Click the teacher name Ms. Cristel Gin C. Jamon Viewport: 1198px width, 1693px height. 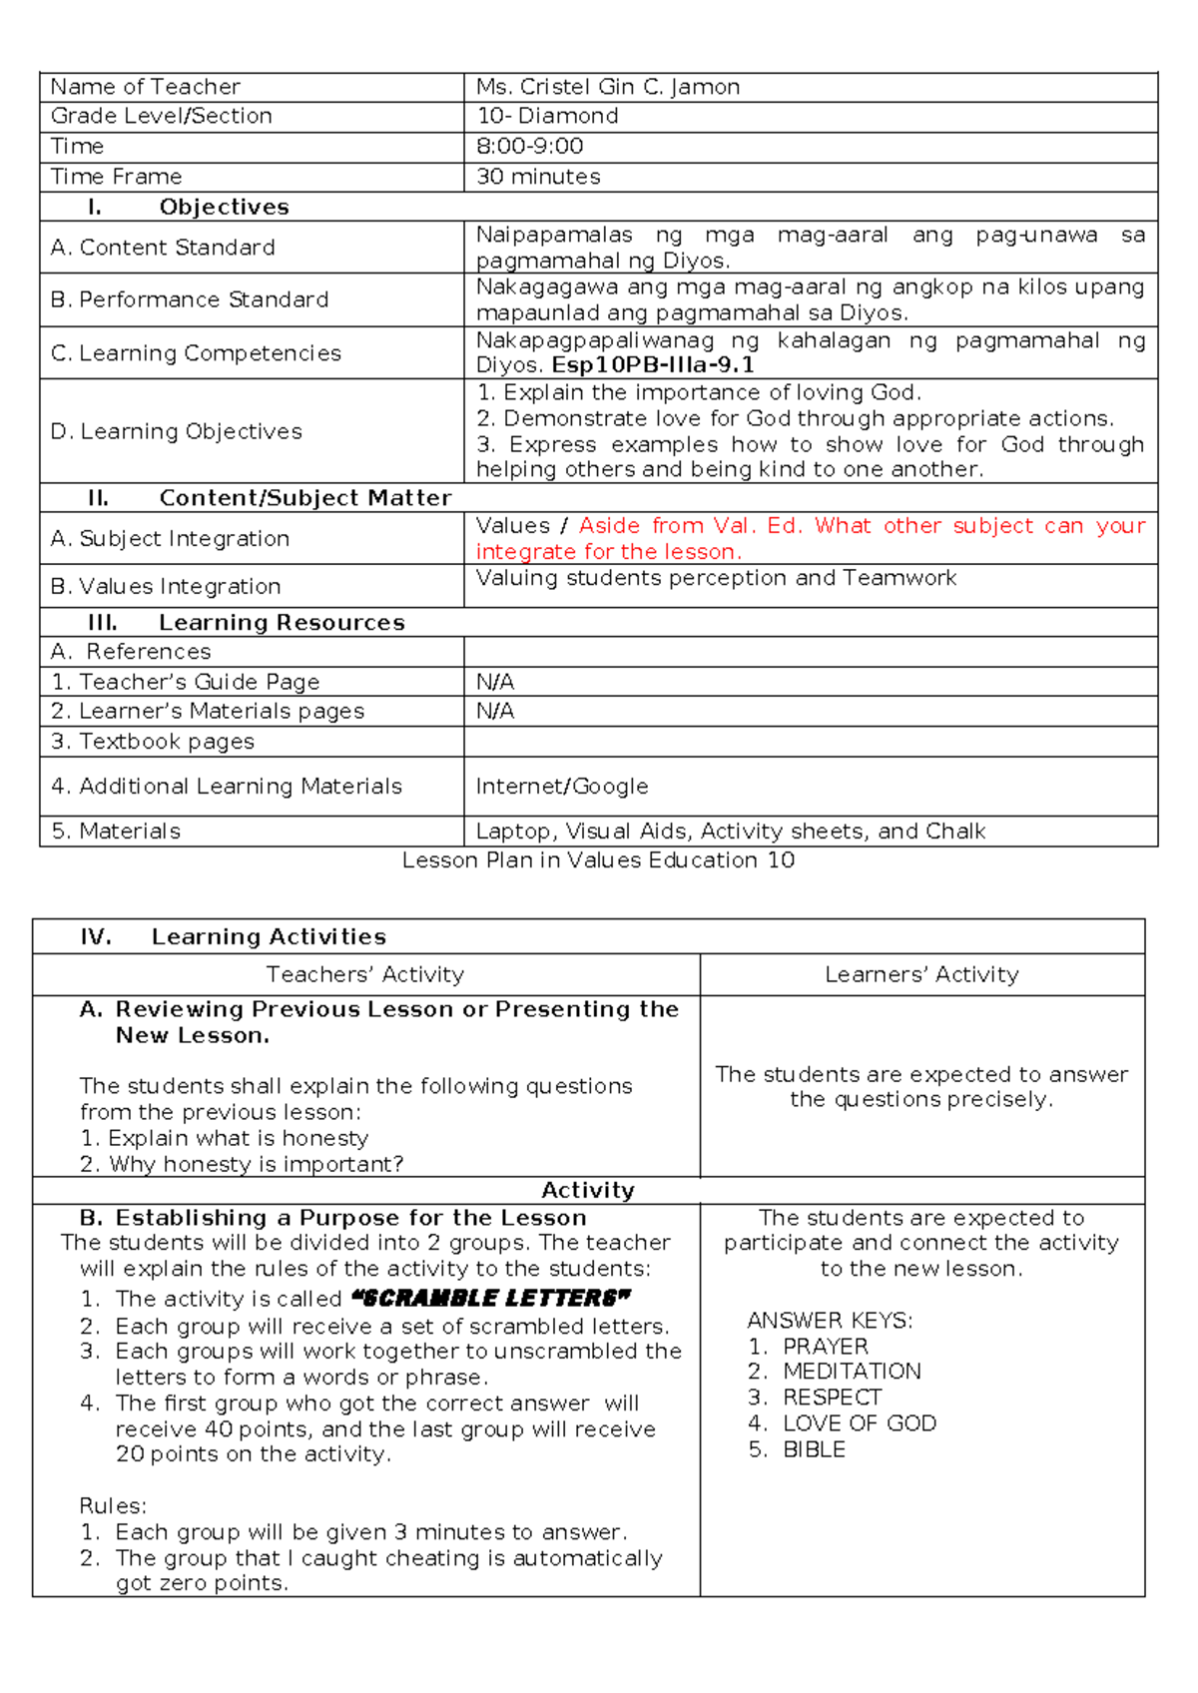pyautogui.click(x=607, y=87)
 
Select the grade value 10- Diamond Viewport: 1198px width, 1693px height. pyautogui.click(x=547, y=116)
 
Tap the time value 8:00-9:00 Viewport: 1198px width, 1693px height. pyautogui.click(x=529, y=147)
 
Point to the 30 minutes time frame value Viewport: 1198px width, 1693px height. pyautogui.click(x=538, y=177)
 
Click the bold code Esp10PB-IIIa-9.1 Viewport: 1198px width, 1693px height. pyautogui.click(x=653, y=365)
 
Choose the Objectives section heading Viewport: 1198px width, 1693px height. pyautogui.click(x=224, y=207)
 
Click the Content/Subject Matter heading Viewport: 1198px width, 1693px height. pyautogui.click(x=304, y=498)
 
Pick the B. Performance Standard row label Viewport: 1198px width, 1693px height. pyautogui.click(x=190, y=299)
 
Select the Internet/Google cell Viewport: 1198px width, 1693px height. pyautogui.click(x=561, y=787)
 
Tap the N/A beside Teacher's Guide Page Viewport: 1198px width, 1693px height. pyautogui.click(x=494, y=682)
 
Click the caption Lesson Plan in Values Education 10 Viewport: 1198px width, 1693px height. pyautogui.click(x=598, y=860)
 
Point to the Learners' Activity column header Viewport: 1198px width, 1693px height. pyautogui.click(x=920, y=974)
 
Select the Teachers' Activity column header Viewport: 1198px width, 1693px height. pyautogui.click(x=364, y=974)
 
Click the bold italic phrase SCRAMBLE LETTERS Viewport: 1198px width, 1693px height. pyautogui.click(x=491, y=1299)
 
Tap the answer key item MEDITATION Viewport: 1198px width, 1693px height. pyautogui.click(x=851, y=1372)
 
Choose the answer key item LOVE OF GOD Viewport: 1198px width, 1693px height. pyautogui.click(x=859, y=1423)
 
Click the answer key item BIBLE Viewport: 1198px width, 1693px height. pyautogui.click(x=813, y=1449)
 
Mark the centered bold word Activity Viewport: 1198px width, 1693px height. pyautogui.click(x=587, y=1190)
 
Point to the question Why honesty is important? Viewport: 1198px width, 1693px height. pyautogui.click(x=256, y=1164)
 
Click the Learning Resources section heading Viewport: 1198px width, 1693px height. pyautogui.click(x=281, y=623)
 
